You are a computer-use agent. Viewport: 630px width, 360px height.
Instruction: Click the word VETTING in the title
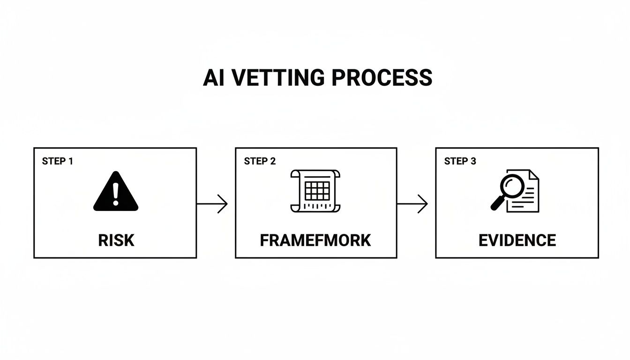273,77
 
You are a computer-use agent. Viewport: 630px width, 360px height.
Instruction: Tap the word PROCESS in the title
382,77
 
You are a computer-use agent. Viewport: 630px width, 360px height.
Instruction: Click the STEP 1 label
57,161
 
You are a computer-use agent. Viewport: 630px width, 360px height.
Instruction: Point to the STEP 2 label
260,161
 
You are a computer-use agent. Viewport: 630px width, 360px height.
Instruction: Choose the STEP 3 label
460,161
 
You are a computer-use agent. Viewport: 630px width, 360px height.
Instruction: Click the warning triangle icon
116,192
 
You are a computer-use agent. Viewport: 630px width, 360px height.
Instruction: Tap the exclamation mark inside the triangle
116,193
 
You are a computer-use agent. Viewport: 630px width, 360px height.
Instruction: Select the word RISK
116,240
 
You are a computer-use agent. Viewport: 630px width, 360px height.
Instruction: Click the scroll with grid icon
315,191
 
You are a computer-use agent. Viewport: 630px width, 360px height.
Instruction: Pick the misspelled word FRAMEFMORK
315,240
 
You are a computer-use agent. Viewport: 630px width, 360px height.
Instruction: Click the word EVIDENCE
517,240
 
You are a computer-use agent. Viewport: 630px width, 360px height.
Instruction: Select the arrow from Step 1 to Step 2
212,204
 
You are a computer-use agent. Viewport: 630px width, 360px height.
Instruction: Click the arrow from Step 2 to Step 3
412,204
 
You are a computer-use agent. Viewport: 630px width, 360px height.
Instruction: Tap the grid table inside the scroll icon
317,191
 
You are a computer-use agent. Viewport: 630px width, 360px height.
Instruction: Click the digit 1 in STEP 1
71,161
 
